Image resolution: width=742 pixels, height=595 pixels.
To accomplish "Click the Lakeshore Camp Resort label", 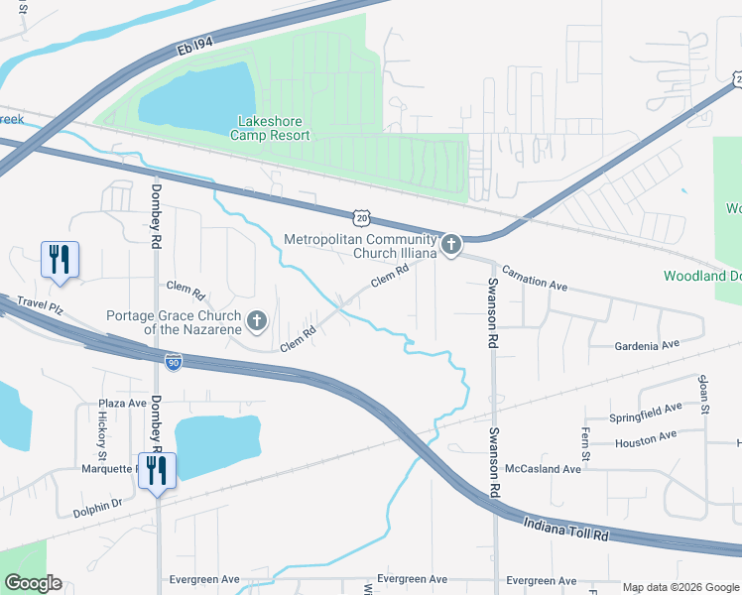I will tap(273, 128).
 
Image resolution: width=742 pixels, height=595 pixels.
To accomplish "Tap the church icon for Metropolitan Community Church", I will tap(451, 244).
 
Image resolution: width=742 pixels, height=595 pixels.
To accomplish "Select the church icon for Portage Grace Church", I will tap(257, 319).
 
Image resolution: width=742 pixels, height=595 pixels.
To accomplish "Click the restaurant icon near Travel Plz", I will tap(59, 260).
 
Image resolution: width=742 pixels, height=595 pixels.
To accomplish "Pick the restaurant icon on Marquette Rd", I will tap(156, 470).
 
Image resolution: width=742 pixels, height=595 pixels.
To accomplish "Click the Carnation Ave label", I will tap(534, 277).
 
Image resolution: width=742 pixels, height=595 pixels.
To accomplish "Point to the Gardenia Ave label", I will tap(647, 344).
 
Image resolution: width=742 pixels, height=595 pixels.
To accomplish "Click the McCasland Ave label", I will tap(543, 468).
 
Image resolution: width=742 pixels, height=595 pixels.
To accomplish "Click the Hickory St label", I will tap(101, 430).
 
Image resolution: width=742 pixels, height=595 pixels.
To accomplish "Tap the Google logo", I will tap(33, 583).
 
